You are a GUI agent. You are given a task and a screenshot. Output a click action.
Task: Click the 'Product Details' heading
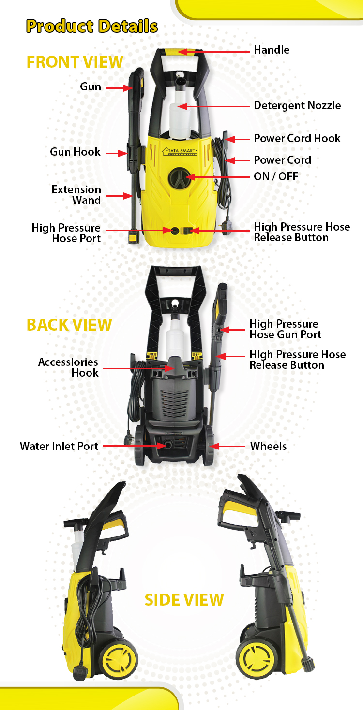92,26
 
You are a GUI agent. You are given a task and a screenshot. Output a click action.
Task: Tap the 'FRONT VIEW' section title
75,62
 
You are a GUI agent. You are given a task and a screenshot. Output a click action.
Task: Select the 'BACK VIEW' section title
69,325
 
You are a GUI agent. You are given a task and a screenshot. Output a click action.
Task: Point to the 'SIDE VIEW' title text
184,600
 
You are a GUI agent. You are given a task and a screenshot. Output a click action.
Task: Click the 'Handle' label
272,50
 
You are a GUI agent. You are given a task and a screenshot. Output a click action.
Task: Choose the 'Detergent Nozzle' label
297,105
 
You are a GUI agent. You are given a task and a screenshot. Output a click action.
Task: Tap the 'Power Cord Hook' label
297,138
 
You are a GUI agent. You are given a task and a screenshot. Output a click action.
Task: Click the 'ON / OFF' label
276,176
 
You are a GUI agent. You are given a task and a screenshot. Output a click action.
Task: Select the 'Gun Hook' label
75,152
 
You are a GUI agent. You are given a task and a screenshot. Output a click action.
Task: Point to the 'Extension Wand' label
76,195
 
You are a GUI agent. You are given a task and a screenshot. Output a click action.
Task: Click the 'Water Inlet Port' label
59,446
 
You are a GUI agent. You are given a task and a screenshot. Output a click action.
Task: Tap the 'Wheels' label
268,446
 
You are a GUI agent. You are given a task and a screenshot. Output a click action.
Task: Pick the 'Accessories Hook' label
68,367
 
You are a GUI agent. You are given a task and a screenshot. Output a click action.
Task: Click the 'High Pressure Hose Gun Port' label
286,329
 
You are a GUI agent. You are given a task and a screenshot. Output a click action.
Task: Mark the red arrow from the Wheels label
227,446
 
